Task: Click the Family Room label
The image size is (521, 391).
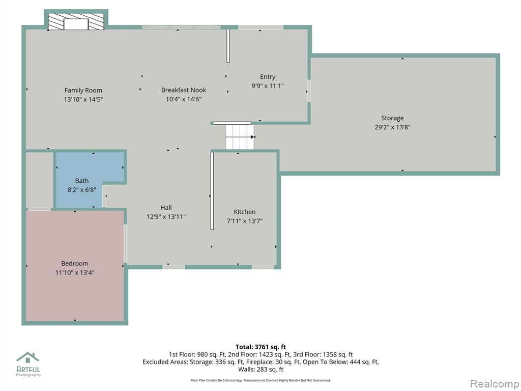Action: coord(83,90)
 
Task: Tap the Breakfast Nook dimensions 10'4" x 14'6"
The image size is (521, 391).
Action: coord(184,99)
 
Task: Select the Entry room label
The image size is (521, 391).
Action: coord(268,77)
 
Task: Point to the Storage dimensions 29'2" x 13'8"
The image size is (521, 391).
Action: coord(392,127)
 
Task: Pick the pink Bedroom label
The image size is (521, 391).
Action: coord(75,263)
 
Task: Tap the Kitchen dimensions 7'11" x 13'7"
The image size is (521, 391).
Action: coord(245,221)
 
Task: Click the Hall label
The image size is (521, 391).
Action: coord(166,208)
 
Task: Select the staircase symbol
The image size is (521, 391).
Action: coord(240,136)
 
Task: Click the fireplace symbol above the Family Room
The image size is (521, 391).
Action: coord(76,21)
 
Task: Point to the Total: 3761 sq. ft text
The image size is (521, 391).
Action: coord(260,347)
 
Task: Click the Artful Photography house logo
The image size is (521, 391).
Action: coord(28,357)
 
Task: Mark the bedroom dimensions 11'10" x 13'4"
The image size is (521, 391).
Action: coord(75,273)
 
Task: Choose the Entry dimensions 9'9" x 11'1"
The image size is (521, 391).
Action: coord(268,86)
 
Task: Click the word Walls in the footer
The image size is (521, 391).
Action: coord(246,369)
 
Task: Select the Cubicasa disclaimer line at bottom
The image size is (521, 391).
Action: coord(260,380)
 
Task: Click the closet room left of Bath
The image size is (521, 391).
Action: coord(40,180)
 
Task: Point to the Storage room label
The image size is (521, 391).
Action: coord(392,118)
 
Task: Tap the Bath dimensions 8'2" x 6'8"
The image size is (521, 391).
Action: coord(82,190)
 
